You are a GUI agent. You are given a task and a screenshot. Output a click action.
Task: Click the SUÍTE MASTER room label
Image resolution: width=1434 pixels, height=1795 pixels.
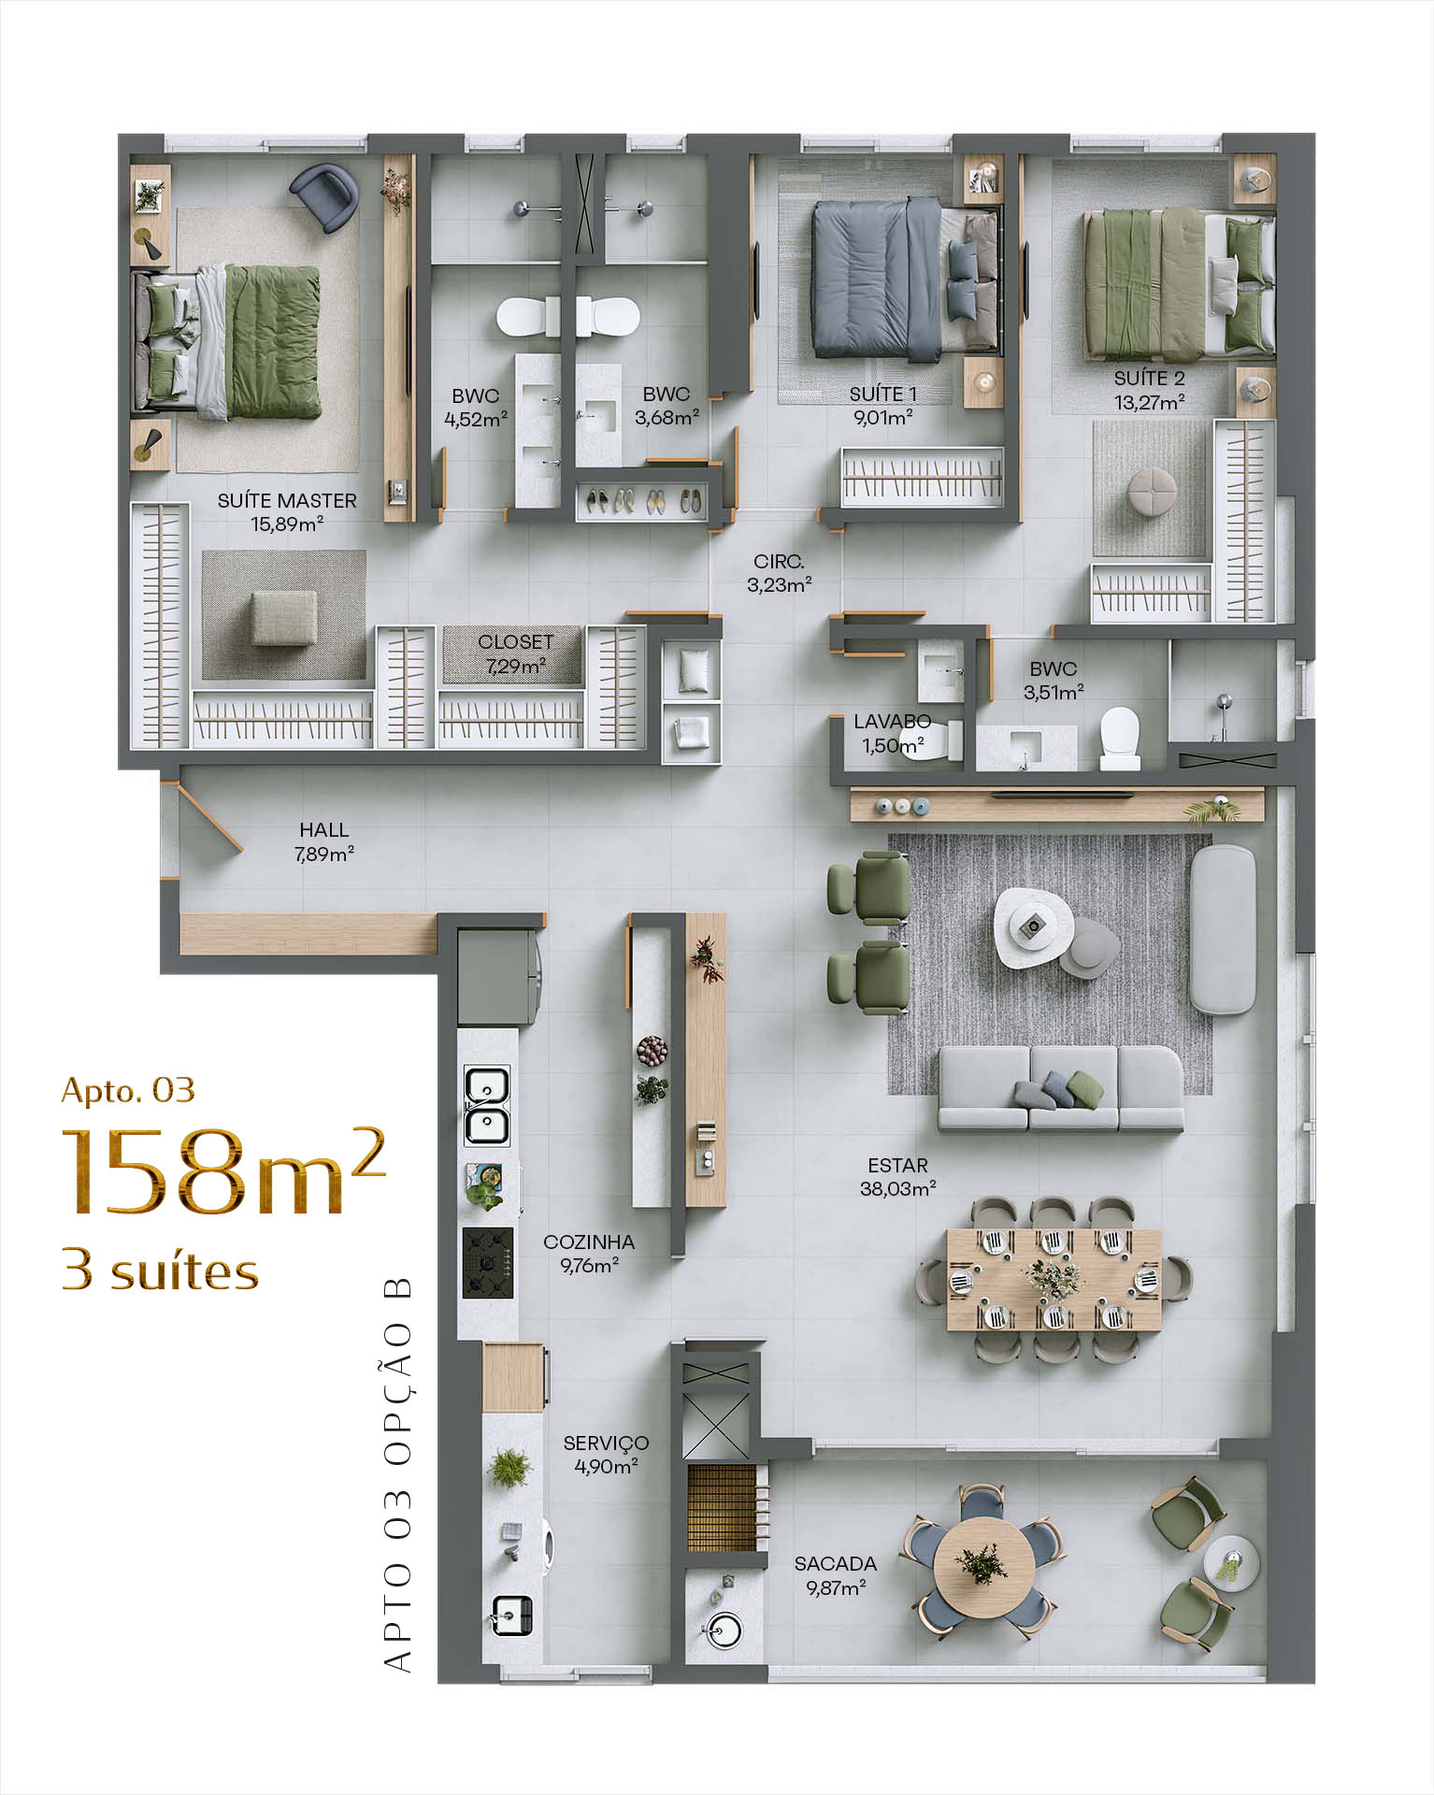click(x=287, y=500)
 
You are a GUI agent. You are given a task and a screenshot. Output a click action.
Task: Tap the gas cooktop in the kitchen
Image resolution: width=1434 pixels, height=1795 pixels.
click(x=488, y=1263)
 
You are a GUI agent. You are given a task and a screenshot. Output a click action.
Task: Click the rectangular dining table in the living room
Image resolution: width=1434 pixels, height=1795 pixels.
click(x=1054, y=1278)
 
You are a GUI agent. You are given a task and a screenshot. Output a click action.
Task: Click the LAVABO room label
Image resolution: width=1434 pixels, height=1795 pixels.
click(x=892, y=722)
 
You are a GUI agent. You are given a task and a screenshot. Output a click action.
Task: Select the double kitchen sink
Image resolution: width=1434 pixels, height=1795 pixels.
click(x=487, y=1106)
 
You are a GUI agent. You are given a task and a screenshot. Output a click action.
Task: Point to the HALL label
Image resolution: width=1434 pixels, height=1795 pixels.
click(x=324, y=829)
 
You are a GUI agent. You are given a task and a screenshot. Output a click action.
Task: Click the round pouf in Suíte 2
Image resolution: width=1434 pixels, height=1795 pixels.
click(x=1153, y=490)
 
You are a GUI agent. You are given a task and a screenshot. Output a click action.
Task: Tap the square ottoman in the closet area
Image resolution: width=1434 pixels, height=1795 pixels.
click(x=283, y=617)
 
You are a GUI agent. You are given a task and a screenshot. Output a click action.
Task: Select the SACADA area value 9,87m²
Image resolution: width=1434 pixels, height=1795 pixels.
click(x=836, y=1587)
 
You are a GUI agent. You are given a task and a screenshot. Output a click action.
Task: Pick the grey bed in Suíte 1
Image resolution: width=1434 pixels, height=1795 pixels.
click(x=907, y=280)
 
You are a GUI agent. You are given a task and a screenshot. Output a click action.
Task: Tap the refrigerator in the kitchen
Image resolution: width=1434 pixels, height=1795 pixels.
click(x=499, y=978)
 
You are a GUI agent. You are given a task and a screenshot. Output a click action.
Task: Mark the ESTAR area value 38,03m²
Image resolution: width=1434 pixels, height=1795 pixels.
click(x=897, y=1189)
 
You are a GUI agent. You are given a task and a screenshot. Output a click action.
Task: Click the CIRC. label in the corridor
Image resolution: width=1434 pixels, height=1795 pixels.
click(x=779, y=562)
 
